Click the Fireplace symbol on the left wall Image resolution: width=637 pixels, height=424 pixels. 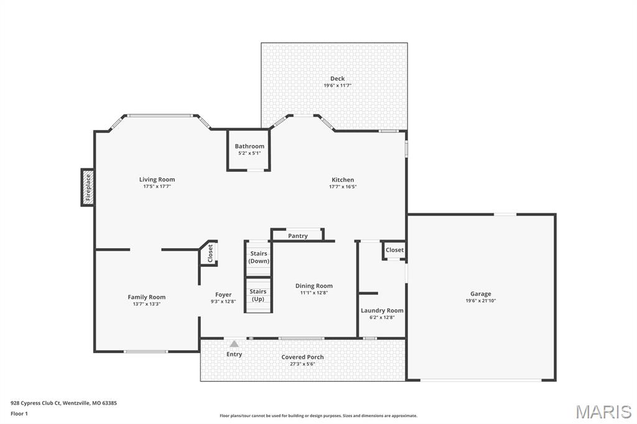88,187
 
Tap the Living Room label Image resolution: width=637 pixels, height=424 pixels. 157,180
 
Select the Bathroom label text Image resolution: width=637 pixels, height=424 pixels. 249,146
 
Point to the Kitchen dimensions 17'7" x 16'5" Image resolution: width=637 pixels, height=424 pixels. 342,187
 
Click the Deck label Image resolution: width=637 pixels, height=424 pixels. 337,78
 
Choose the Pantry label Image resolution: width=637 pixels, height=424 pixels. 298,236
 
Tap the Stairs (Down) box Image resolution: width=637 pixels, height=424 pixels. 259,257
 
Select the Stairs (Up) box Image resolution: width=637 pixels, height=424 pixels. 258,295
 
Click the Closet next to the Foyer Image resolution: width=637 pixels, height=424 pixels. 210,253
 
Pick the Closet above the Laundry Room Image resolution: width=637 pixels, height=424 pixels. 394,250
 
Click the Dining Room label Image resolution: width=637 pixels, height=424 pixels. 314,286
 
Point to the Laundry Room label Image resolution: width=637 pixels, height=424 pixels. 382,310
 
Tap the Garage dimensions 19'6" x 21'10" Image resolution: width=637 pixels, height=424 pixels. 480,301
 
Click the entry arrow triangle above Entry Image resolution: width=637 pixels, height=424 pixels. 234,344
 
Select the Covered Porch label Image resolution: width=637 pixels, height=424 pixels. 302,357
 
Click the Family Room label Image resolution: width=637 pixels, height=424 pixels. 147,297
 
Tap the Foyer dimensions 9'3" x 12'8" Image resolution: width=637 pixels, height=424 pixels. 223,302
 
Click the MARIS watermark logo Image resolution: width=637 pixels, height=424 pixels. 603,412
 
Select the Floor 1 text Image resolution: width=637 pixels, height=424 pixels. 19,413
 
